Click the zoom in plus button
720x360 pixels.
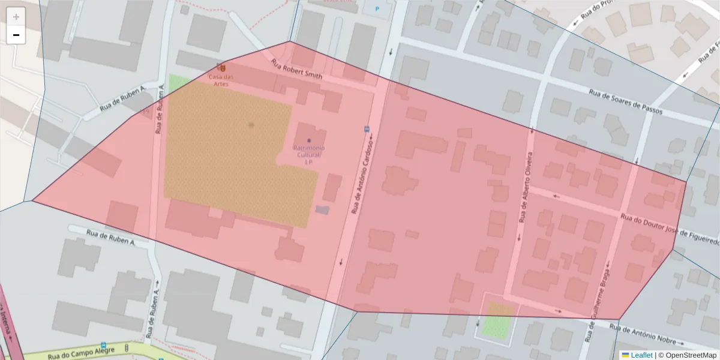tap(16, 17)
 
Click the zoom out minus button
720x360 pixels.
tap(16, 35)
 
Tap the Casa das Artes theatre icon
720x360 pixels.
tap(221, 67)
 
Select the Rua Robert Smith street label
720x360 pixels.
tap(296, 69)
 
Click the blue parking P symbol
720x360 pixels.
tap(377, 9)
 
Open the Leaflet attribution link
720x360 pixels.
tap(641, 355)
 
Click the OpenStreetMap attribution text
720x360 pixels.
tap(691, 355)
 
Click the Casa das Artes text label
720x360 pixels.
tap(221, 80)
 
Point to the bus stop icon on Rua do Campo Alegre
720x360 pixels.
tap(103, 346)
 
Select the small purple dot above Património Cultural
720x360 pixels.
tap(309, 140)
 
